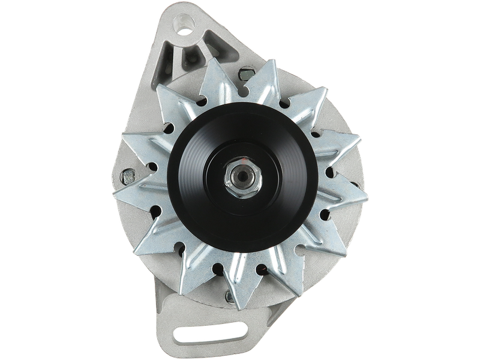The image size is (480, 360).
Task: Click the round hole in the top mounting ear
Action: [184, 25]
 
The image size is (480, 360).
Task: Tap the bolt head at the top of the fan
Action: [244, 76]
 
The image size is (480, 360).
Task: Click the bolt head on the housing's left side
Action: [128, 177]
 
